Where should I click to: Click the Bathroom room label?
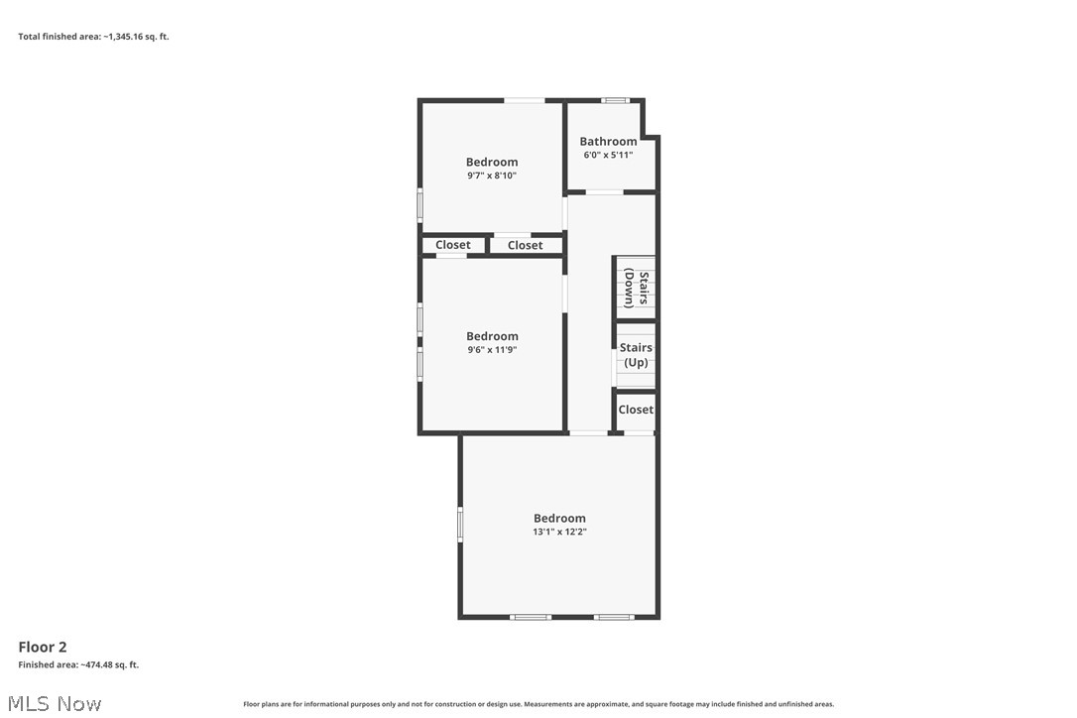(608, 142)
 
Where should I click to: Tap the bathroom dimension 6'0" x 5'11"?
(608, 155)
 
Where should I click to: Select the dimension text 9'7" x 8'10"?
(492, 176)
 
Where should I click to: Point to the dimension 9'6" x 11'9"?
(492, 349)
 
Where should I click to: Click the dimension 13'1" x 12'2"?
(559, 532)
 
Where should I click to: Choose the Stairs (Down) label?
(636, 289)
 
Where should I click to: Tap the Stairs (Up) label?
(636, 355)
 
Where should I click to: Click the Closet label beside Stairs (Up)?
(636, 410)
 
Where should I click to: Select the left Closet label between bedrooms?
(453, 245)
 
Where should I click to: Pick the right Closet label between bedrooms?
(525, 245)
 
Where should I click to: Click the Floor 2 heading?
(43, 647)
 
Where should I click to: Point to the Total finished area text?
(93, 37)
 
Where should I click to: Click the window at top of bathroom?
(616, 100)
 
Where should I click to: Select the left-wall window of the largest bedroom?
(460, 525)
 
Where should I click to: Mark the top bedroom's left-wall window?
(419, 205)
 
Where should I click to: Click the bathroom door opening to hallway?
(604, 191)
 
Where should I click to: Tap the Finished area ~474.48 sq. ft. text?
(78, 664)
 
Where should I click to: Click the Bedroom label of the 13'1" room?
(559, 518)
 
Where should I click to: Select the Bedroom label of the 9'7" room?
(492, 162)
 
